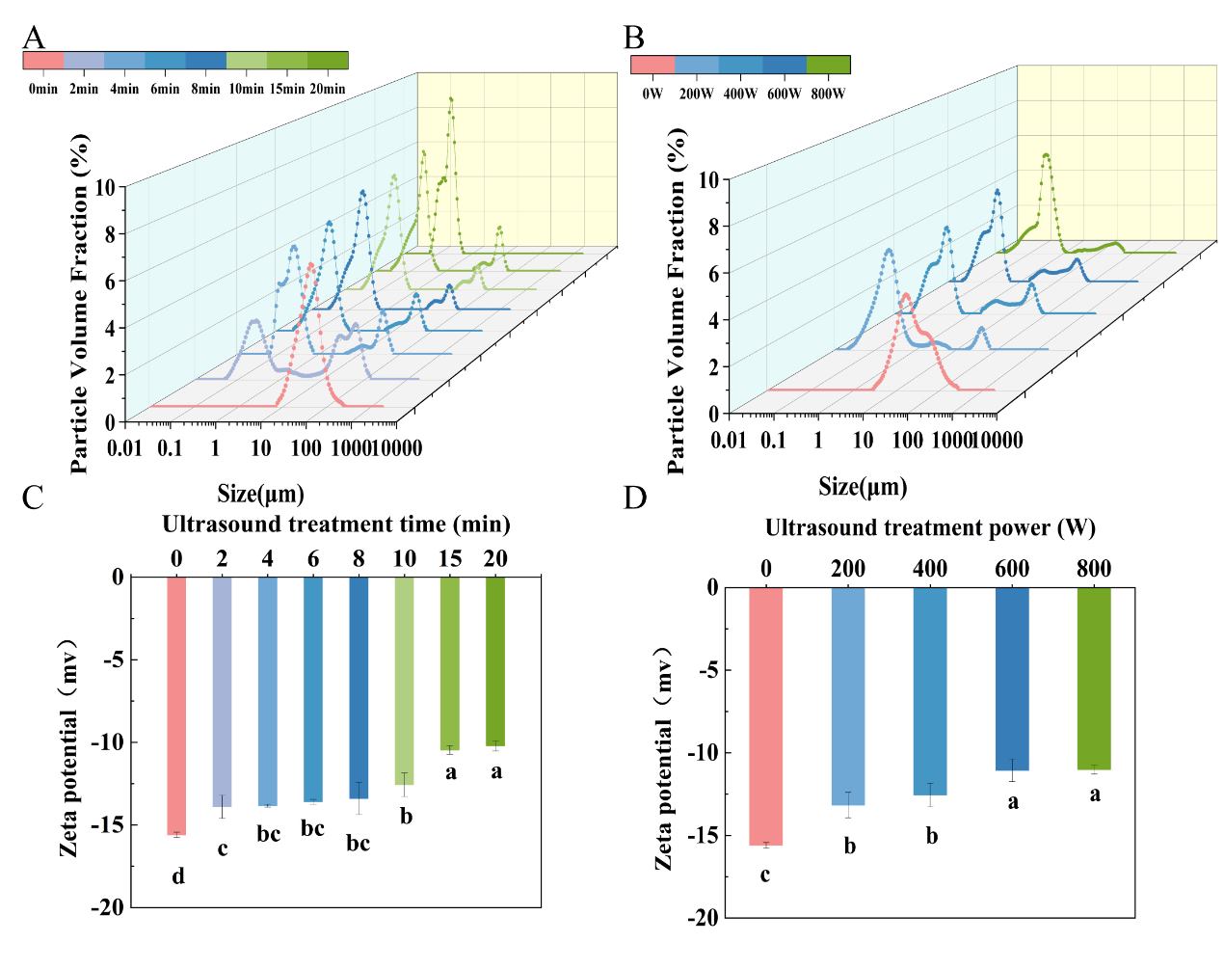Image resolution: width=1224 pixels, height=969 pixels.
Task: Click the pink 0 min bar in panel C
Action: click(177, 705)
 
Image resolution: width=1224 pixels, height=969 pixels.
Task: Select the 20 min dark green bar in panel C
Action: click(495, 661)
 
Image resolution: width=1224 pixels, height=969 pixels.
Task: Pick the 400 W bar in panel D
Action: click(930, 690)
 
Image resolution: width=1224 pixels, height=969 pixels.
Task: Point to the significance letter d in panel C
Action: click(177, 876)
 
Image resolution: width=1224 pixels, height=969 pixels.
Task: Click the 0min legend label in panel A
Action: click(43, 90)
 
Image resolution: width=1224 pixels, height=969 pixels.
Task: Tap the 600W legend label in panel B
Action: click(782, 94)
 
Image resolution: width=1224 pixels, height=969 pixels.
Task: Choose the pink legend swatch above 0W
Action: click(652, 65)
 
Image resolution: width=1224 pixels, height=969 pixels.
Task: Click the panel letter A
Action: click(34, 38)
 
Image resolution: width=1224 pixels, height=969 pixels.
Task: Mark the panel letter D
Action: click(635, 500)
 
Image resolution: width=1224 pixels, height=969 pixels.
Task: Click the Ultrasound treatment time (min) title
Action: click(335, 525)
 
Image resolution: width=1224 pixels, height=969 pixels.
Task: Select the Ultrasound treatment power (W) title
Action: click(930, 527)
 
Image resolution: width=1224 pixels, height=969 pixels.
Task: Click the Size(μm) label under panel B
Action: click(863, 486)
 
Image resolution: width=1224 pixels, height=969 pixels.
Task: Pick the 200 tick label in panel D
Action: click(848, 569)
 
